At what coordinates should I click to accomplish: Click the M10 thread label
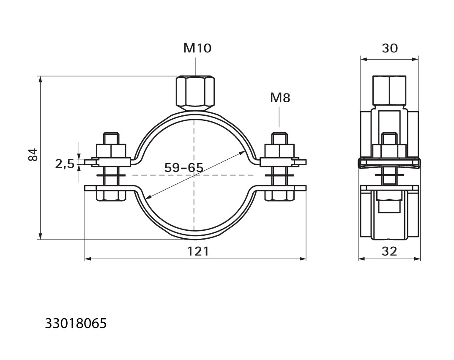coord(197,48)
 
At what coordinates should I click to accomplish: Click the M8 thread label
coord(280,98)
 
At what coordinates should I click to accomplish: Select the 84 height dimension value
coord(33,155)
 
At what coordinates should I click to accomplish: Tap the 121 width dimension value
coord(198,251)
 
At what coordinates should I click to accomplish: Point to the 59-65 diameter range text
coord(184,168)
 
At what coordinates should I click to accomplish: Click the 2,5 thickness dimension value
coord(65,164)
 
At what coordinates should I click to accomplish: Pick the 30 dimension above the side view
coord(390,48)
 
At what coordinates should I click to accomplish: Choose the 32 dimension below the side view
coord(389,251)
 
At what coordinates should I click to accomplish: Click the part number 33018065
coord(76,323)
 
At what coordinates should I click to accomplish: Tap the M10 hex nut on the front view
coord(195,93)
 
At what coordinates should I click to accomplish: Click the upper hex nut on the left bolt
coord(111,151)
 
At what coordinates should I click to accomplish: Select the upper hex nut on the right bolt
coord(279,151)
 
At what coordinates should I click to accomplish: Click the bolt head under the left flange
coord(111,195)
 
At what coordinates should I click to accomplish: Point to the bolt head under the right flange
coord(279,195)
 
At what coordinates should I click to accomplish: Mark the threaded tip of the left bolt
coord(111,138)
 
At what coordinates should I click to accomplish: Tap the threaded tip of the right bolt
coord(279,138)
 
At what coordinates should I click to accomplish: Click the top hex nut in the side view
coord(389,90)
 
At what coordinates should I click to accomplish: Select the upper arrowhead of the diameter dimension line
coord(242,153)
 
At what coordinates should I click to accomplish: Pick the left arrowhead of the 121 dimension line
coord(88,259)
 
